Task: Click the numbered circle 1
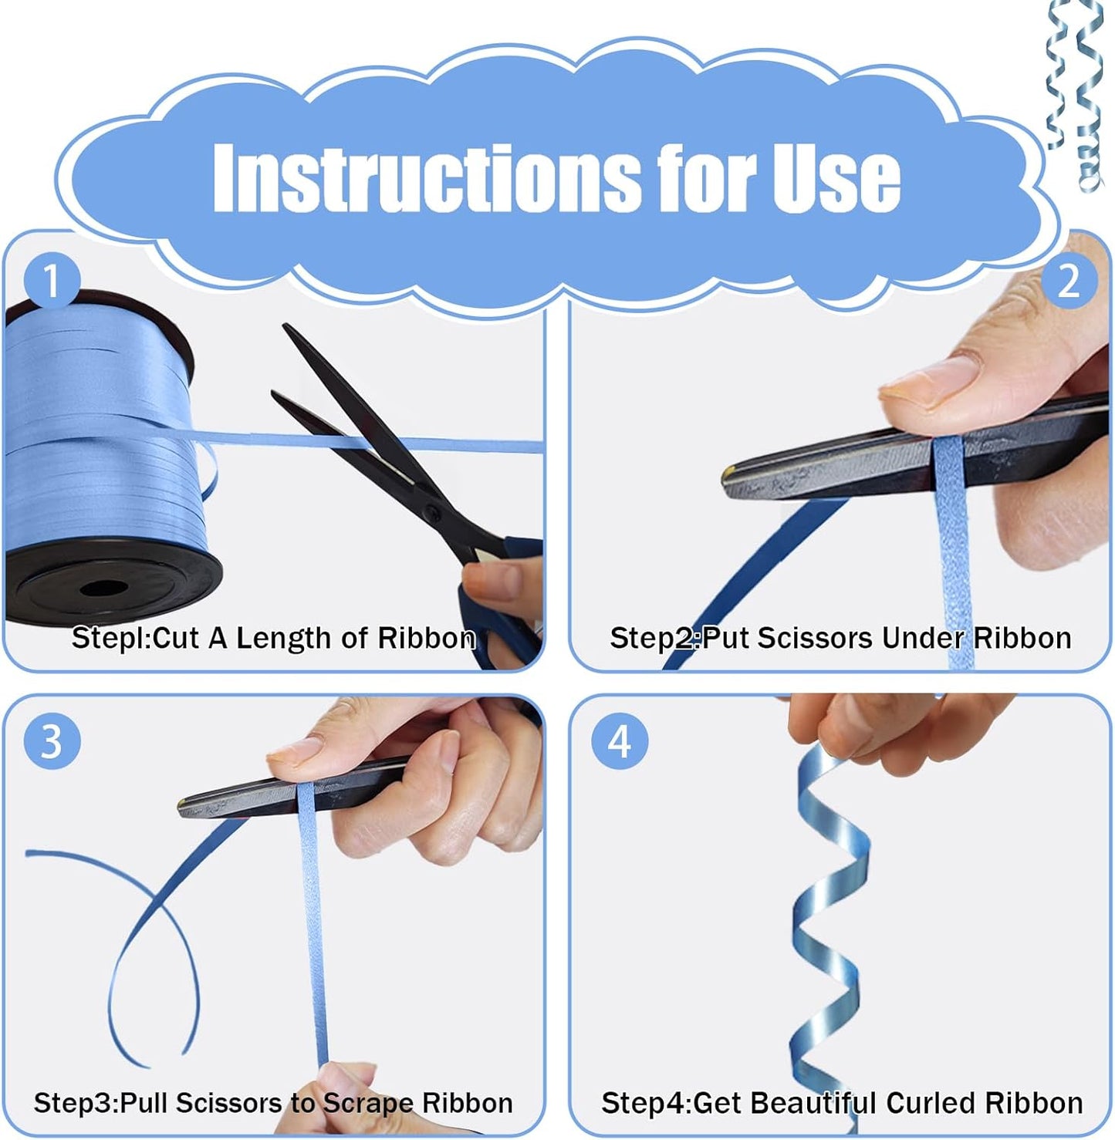(x=52, y=281)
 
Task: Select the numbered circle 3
(x=52, y=740)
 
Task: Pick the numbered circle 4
(x=620, y=740)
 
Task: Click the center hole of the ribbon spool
(x=103, y=588)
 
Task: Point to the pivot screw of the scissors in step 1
(x=432, y=513)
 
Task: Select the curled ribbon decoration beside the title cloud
(x=1075, y=94)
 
